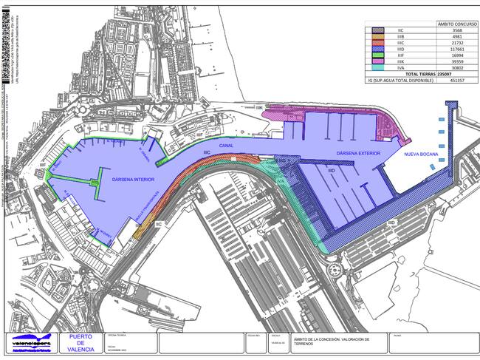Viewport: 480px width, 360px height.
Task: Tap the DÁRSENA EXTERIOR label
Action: click(357, 154)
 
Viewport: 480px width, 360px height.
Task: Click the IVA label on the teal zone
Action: click(281, 180)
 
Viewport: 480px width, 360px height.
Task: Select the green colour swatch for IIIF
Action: click(376, 55)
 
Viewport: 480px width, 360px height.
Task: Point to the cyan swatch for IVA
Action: click(376, 68)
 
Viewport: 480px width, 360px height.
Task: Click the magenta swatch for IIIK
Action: click(376, 61)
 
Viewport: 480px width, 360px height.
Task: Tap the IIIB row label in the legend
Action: click(400, 36)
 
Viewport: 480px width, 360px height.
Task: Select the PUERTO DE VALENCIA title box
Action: click(80, 343)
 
